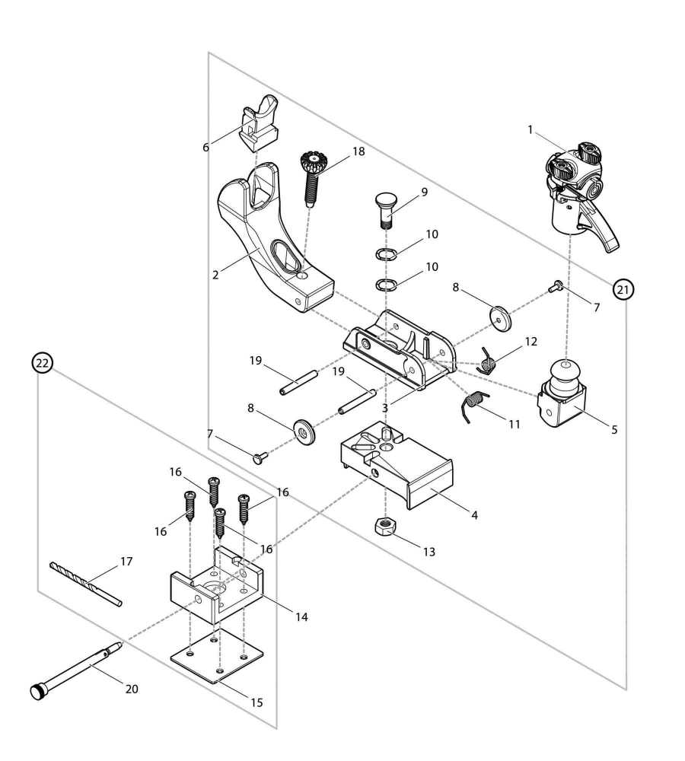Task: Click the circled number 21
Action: point(623,289)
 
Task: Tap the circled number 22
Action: point(42,364)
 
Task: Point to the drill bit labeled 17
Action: point(85,584)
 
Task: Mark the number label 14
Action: point(301,617)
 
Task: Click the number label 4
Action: point(474,515)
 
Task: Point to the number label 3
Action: point(385,408)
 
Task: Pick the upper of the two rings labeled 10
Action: point(387,254)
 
